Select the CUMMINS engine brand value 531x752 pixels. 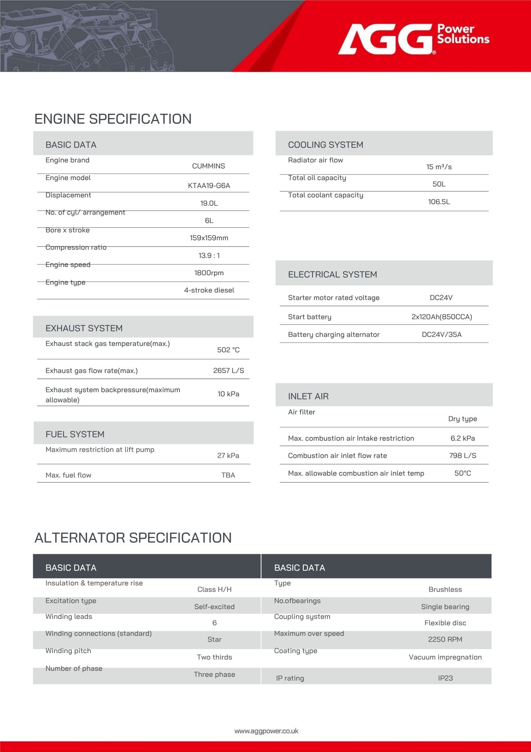(x=208, y=166)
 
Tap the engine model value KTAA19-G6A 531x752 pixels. (x=209, y=185)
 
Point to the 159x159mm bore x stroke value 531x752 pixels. (x=209, y=238)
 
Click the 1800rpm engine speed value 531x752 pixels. (x=209, y=273)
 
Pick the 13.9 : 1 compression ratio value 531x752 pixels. (x=209, y=256)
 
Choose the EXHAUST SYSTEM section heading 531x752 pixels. (x=84, y=328)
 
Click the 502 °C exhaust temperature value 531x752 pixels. (x=228, y=350)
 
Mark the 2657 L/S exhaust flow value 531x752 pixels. (x=228, y=371)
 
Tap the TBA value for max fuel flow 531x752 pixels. (x=228, y=475)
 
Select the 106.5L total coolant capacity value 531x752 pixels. (x=439, y=202)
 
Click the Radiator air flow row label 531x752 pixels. (x=315, y=160)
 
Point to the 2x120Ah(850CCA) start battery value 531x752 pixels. (x=442, y=317)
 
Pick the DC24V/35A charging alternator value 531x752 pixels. (x=442, y=335)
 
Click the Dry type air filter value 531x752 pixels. (x=462, y=419)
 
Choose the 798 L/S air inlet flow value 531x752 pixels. (x=462, y=456)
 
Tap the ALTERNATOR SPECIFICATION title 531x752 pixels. (x=133, y=538)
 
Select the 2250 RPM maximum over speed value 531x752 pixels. (x=445, y=640)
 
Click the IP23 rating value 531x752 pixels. (x=445, y=678)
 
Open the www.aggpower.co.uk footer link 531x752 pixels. (x=266, y=731)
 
